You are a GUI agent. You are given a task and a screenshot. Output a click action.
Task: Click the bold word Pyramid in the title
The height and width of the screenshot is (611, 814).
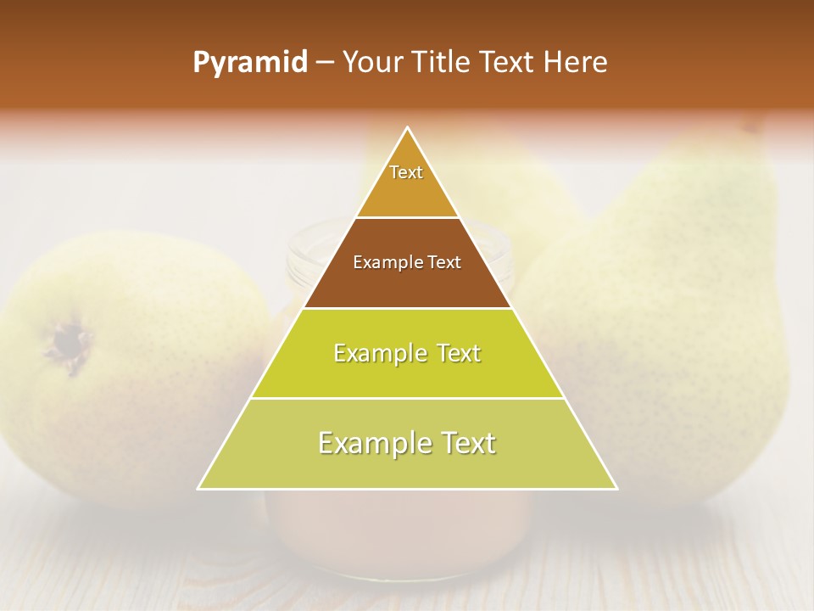coord(250,63)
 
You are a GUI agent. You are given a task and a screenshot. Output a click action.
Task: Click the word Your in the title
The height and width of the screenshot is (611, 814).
coord(371,63)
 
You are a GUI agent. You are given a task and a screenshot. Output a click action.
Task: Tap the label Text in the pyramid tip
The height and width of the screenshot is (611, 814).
coord(406,172)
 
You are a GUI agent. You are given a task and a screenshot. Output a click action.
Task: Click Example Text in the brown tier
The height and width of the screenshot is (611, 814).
coord(407,262)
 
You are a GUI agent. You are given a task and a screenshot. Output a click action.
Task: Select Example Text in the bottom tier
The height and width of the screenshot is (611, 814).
coord(407,443)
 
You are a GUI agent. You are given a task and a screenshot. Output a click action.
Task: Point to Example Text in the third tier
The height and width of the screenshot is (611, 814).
coord(407,353)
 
